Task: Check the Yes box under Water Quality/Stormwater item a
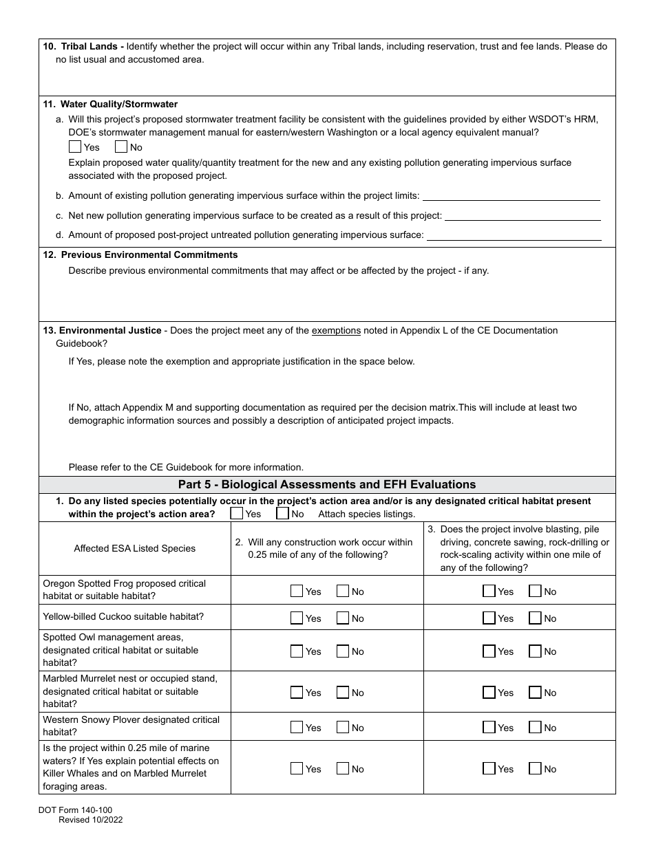click(x=75, y=147)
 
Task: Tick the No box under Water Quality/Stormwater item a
click(x=121, y=147)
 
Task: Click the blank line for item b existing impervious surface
click(x=511, y=195)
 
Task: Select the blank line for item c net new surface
click(x=523, y=215)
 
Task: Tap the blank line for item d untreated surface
click(x=514, y=235)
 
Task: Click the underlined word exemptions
click(x=336, y=331)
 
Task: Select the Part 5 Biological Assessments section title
click(x=327, y=484)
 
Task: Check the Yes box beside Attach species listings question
click(x=237, y=513)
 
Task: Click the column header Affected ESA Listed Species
click(x=135, y=548)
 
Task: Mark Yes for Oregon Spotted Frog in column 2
click(x=297, y=591)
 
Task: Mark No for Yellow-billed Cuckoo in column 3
click(x=535, y=618)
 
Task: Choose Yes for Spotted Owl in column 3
click(x=489, y=651)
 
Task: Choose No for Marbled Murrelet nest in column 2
click(x=343, y=692)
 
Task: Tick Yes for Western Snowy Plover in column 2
click(x=297, y=727)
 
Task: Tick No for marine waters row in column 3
click(x=535, y=768)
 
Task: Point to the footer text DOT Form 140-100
click(x=75, y=811)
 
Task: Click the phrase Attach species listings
click(x=367, y=514)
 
